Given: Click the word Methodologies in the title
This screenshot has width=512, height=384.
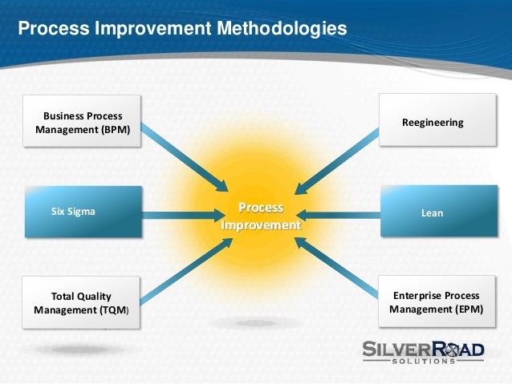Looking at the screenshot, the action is (x=282, y=28).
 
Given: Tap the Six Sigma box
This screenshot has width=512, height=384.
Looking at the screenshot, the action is (x=83, y=212).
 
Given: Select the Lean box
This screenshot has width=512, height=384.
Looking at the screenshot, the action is (x=439, y=211).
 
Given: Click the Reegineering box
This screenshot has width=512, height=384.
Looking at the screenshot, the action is (x=437, y=119).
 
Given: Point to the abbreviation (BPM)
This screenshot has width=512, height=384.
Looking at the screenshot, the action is (x=116, y=130).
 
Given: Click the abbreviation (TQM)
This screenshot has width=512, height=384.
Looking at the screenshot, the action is (x=114, y=310).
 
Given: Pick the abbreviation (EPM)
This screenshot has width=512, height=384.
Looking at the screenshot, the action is (x=469, y=309).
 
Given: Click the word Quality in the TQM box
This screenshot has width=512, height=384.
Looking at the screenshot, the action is (x=95, y=297).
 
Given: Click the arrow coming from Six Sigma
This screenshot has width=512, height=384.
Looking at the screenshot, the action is (x=184, y=216).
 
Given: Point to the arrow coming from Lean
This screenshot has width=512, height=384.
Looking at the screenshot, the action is (x=339, y=215).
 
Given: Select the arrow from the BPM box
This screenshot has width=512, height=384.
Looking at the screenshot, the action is (x=185, y=157).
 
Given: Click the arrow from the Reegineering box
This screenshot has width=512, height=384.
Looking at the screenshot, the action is (x=337, y=161).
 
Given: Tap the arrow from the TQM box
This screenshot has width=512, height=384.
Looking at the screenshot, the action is (x=186, y=271).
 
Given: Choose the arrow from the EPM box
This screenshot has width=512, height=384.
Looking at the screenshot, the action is (x=336, y=268).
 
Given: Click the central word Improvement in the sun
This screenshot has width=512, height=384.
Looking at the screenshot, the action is (x=261, y=225).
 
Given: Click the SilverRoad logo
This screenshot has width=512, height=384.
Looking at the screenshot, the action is (x=423, y=352).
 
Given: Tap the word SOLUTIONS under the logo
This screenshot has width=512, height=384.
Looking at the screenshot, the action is (x=424, y=362).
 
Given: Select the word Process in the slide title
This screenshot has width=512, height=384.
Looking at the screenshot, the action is (x=54, y=28).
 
